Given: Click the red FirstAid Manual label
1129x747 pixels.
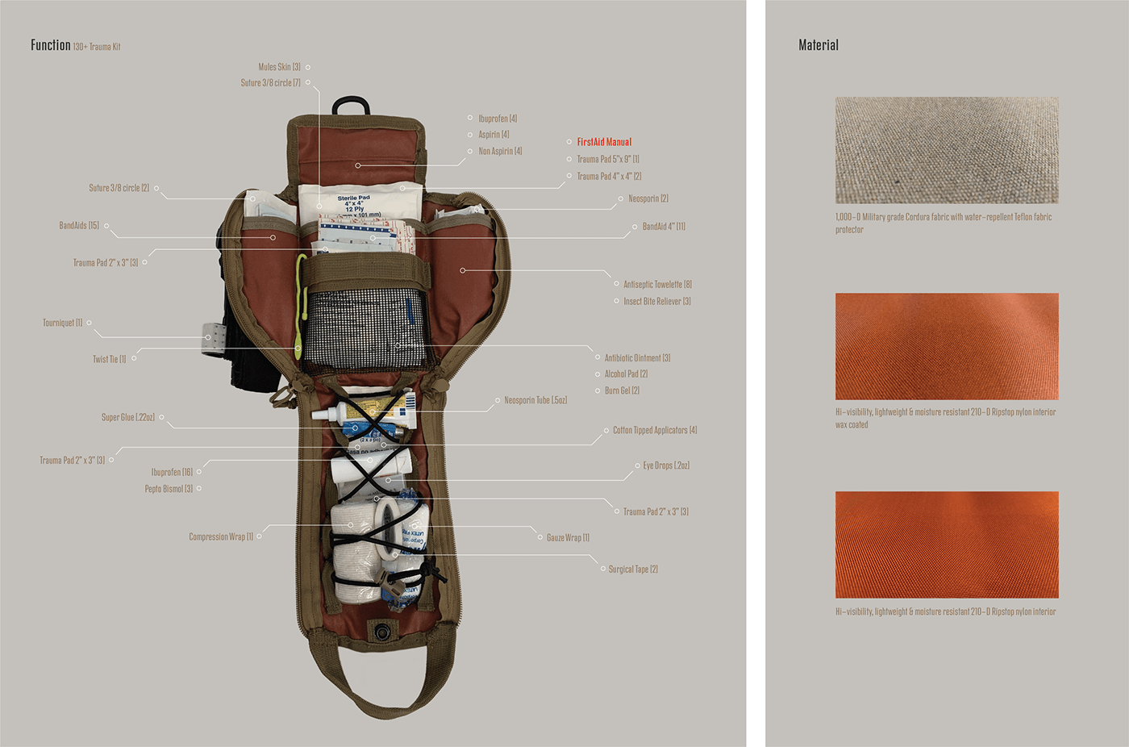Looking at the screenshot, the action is coord(604,142).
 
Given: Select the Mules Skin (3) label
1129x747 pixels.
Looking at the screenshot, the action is coord(279,67).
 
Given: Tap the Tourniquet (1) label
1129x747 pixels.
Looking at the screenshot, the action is coord(62,323).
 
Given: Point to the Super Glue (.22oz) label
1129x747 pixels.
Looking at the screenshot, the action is coord(127,417).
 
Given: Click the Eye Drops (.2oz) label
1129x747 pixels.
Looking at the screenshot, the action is coord(666,465).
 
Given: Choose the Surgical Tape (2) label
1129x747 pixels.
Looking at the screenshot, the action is coord(633,569).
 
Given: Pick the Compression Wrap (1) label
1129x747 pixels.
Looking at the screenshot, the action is coord(221,536).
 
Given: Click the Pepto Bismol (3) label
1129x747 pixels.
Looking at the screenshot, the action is coord(169,489).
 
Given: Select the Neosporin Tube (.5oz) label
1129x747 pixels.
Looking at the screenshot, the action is coord(535,400).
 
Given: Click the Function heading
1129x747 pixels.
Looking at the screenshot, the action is coord(51,45).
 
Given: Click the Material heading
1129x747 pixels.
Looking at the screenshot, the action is coord(819,45).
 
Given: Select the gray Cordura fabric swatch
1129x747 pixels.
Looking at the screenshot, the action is coord(947,150).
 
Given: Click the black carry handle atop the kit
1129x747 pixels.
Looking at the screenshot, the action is coord(351,105).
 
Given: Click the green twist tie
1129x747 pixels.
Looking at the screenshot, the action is coord(300,307).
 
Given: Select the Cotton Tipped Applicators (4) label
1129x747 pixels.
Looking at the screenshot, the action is coord(655,430).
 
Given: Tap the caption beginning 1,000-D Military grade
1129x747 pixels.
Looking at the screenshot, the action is coord(943,223).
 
